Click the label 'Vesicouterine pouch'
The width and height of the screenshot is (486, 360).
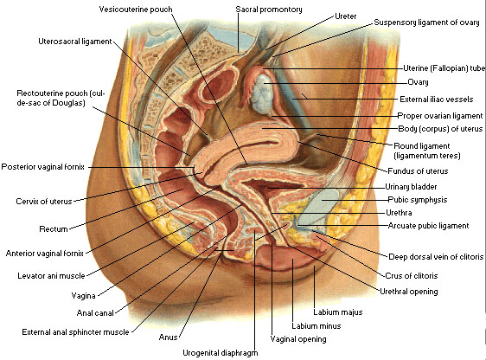(x=136, y=10)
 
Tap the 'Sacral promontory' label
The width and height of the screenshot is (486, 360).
(x=269, y=10)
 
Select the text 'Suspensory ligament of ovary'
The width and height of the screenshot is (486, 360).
(x=426, y=22)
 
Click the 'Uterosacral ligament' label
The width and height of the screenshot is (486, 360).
(x=75, y=42)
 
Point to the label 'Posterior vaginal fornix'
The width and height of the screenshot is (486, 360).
(x=42, y=167)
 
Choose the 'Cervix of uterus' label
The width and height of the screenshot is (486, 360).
(x=44, y=202)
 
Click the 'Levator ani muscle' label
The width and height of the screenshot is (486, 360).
(x=51, y=276)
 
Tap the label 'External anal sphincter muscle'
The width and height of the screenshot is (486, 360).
(x=75, y=332)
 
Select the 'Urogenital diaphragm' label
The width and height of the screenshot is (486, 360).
(x=220, y=353)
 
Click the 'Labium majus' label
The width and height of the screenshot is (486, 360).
(x=338, y=312)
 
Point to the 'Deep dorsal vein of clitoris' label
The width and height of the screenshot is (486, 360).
(x=436, y=257)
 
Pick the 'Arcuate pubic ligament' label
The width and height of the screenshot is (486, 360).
(x=428, y=226)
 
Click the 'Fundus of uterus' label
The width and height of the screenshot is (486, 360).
(x=418, y=170)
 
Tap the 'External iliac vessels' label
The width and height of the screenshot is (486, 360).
(x=437, y=100)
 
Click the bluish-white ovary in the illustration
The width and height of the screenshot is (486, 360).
(x=263, y=92)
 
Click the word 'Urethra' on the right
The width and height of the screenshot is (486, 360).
(x=399, y=213)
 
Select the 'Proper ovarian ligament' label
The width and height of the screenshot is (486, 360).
(x=440, y=116)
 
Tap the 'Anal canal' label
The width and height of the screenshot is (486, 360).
(x=95, y=313)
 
